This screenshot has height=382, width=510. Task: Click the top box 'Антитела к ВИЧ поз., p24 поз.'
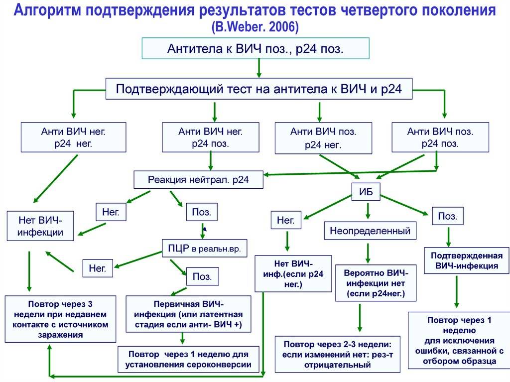(255, 48)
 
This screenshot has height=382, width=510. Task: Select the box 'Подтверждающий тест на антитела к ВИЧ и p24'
(259, 89)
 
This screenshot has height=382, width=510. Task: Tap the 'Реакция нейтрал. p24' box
(198, 179)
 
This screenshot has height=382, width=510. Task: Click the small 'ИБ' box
(366, 192)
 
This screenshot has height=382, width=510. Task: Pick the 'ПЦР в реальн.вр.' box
(205, 248)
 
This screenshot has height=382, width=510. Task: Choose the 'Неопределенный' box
(370, 231)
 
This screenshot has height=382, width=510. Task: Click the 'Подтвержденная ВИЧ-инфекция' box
(467, 260)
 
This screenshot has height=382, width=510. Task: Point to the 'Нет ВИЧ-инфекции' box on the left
(40, 226)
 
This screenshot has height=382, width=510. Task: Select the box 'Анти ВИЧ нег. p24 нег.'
(74, 137)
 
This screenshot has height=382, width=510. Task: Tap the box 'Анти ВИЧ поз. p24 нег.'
(323, 138)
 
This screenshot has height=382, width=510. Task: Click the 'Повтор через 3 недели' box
(60, 319)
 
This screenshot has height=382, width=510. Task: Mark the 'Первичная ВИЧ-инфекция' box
(188, 314)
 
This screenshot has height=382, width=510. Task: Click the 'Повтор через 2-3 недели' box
(338, 354)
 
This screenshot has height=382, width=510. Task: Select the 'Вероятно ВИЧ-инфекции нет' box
(376, 283)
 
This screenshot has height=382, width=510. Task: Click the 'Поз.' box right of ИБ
(448, 216)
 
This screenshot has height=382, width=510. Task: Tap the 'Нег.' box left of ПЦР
(98, 268)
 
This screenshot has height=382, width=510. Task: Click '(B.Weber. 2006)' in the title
(255, 27)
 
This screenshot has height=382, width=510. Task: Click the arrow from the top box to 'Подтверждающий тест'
(259, 68)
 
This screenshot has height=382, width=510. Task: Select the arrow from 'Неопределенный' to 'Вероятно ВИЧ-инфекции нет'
(368, 253)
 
